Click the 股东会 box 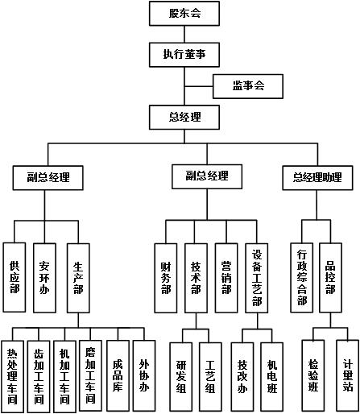184,14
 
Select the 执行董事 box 184,55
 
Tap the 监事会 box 248,86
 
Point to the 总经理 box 184,118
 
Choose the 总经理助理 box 317,178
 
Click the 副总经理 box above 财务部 207,176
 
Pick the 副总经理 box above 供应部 48,178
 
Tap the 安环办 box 44,278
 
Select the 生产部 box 78,278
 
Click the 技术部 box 196,278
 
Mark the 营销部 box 226,278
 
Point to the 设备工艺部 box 257,278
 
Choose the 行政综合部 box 302,278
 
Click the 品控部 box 330,278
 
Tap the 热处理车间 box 12,376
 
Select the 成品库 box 118,375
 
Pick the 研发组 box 181,377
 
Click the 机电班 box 272,377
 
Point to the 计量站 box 348,375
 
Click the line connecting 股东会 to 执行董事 184,34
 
